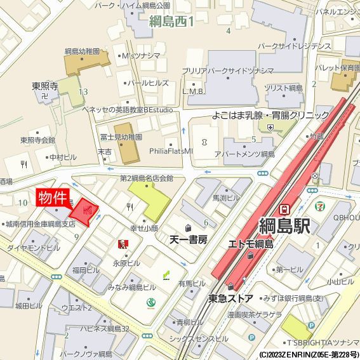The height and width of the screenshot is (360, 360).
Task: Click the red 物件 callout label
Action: pyautogui.click(x=52, y=197)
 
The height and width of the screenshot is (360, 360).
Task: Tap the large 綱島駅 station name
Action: pyautogui.click(x=293, y=225)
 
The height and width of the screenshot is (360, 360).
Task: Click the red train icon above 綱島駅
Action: pyautogui.click(x=285, y=208)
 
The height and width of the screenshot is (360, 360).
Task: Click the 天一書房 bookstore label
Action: pyautogui.click(x=189, y=240)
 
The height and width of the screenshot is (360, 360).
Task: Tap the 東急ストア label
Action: pyautogui.click(x=231, y=298)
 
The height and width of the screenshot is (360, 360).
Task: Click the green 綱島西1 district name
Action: pyautogui.click(x=171, y=22)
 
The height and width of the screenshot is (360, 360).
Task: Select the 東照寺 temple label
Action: pyautogui.click(x=46, y=85)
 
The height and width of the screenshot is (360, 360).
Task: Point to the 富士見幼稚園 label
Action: pyautogui.click(x=120, y=137)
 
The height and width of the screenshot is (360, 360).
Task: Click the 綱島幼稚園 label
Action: pyautogui.click(x=82, y=51)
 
